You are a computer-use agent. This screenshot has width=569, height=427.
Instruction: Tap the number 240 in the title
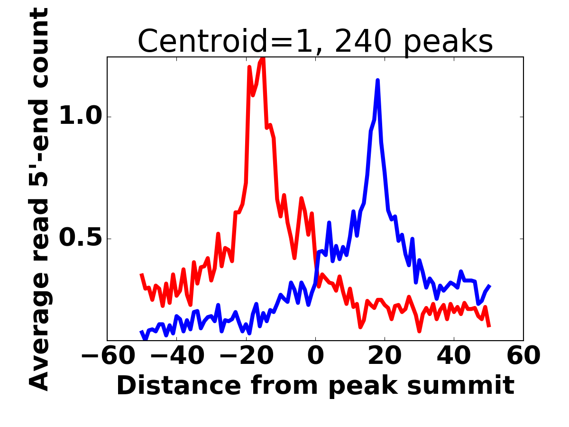[363, 42]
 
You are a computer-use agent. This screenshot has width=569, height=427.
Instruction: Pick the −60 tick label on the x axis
[107, 356]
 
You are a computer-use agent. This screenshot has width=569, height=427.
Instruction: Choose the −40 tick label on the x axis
[176, 356]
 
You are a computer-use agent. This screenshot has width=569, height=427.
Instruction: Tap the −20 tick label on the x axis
[246, 356]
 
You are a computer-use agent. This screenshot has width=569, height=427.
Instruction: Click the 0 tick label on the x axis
[315, 356]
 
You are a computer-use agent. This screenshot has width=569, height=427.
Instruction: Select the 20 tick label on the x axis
[385, 356]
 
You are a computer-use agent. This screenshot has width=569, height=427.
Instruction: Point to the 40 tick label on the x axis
[454, 356]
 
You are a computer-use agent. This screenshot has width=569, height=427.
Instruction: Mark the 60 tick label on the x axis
[523, 356]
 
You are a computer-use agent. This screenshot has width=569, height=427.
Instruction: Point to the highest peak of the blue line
[377, 81]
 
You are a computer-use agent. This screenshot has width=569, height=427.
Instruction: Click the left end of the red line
[141, 274]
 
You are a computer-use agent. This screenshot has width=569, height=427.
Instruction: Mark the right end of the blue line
[489, 286]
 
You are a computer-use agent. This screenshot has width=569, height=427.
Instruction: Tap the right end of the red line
[489, 326]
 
